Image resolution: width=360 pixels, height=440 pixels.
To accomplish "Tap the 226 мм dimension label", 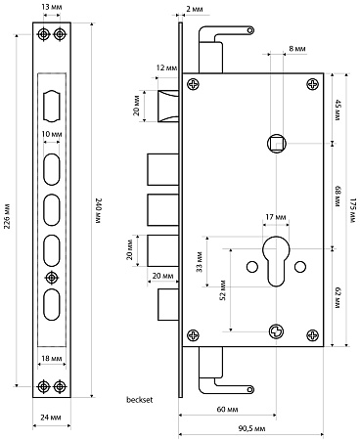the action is pyautogui.click(x=7, y=217).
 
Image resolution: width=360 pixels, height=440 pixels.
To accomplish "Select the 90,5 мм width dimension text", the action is pyautogui.click(x=251, y=428).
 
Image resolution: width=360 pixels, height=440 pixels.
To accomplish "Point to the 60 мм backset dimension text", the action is pyautogui.click(x=227, y=409).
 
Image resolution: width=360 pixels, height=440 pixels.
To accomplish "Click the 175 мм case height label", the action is pyautogui.click(x=351, y=210).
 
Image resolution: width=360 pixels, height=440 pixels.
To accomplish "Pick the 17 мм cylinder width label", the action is pyautogui.click(x=276, y=217).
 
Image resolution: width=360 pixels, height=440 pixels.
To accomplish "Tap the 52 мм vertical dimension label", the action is pyautogui.click(x=223, y=289).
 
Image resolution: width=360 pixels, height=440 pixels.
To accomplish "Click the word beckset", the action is pyautogui.click(x=139, y=400).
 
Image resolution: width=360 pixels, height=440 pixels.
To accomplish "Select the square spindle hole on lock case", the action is pyautogui.click(x=277, y=143).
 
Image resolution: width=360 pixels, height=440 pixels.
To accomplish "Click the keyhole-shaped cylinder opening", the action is pyautogui.click(x=276, y=261).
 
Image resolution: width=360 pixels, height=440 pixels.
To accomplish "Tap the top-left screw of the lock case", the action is pyautogui.click(x=193, y=84).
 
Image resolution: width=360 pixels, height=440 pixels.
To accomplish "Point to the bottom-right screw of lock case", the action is pyautogui.click(x=313, y=335).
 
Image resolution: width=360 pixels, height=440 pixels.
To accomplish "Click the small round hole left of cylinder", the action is pyautogui.click(x=252, y=267).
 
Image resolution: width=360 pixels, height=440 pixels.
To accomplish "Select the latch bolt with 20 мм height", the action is pyautogui.click(x=168, y=107).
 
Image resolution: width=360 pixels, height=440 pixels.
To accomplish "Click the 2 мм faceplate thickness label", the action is pyautogui.click(x=195, y=10).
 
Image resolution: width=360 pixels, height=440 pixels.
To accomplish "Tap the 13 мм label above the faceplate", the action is pyautogui.click(x=52, y=7).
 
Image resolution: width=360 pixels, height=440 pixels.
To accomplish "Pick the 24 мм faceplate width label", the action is pyautogui.click(x=51, y=418).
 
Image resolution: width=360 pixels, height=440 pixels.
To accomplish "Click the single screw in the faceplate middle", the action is pyautogui.click(x=51, y=278).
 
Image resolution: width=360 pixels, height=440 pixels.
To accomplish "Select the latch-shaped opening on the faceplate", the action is pyautogui.click(x=52, y=107).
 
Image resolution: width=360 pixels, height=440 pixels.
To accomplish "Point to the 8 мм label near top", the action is pyautogui.click(x=297, y=49).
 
